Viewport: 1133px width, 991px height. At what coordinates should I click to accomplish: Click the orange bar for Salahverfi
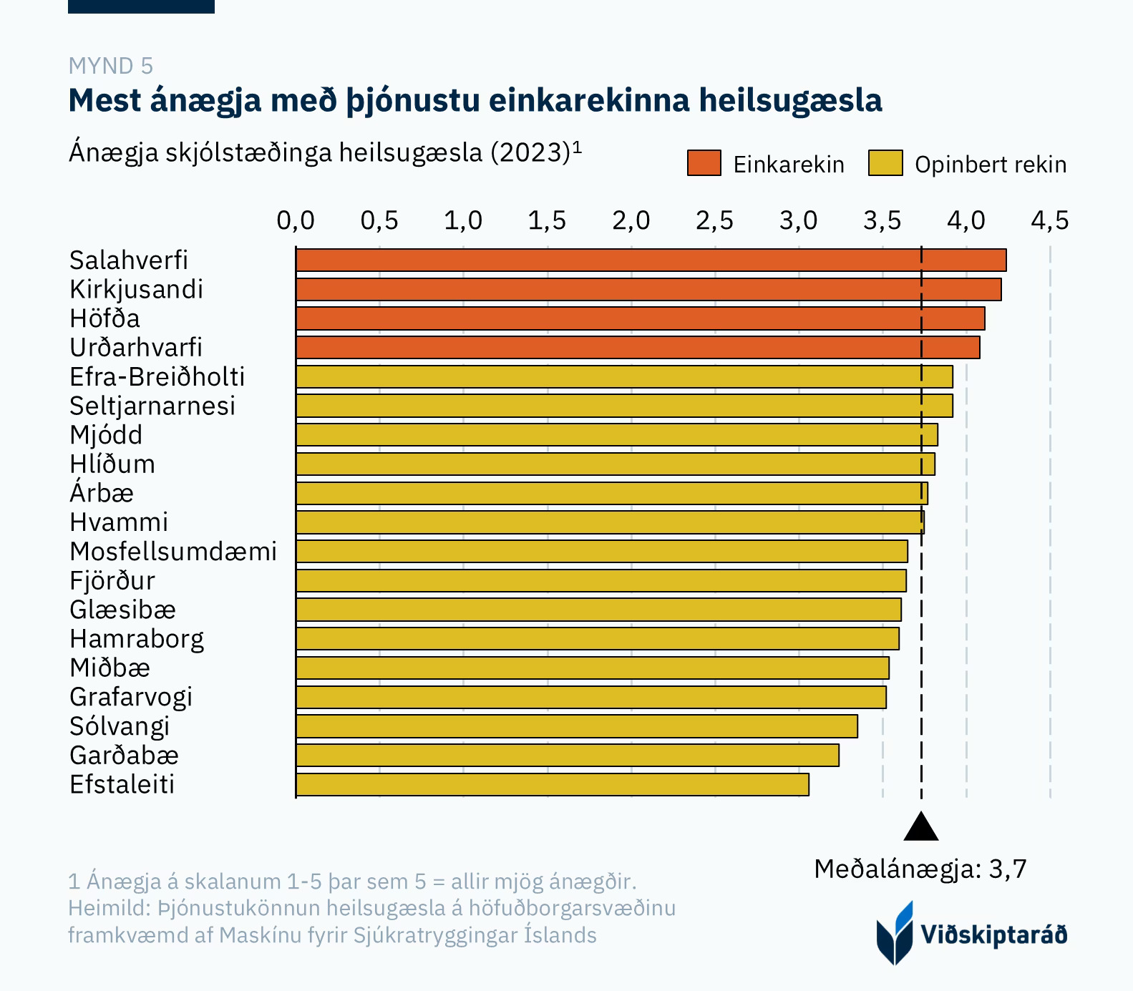click(651, 260)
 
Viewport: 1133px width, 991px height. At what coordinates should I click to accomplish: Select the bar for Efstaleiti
click(552, 785)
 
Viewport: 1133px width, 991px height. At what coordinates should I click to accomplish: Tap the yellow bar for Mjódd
click(616, 435)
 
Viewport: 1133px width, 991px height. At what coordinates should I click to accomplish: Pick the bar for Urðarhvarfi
click(637, 348)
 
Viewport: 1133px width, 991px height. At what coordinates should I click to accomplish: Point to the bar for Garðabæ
click(567, 756)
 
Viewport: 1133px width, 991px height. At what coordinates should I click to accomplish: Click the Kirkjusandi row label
click(136, 290)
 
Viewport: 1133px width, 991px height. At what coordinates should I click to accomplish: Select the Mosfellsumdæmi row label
click(172, 552)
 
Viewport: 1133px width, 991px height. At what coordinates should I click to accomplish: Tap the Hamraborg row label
click(137, 639)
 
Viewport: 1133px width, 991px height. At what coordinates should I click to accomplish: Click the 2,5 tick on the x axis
click(714, 221)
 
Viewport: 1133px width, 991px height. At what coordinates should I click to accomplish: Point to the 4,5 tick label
click(1049, 221)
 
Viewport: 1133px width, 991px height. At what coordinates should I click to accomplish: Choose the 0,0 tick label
click(296, 221)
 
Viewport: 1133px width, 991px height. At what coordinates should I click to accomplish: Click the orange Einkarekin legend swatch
click(704, 164)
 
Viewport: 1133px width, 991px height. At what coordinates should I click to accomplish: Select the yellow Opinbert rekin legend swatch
click(885, 164)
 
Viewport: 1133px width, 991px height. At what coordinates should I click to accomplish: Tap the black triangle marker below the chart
click(921, 827)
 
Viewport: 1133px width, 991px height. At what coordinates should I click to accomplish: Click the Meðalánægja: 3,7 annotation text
click(920, 869)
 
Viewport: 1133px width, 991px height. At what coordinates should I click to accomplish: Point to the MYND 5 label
click(111, 67)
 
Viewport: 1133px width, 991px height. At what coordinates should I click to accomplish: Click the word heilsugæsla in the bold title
click(790, 101)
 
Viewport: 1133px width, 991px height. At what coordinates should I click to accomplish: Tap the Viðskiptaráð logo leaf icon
click(895, 933)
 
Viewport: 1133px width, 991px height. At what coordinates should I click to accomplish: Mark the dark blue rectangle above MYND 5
click(141, 6)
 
